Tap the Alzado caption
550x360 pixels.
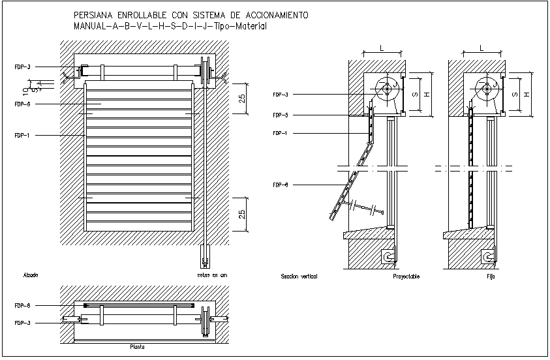[x=30, y=276]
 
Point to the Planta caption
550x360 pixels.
[x=138, y=348]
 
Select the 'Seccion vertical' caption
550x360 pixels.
[x=298, y=277]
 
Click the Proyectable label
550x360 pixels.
[x=406, y=277]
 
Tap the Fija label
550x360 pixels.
[x=491, y=277]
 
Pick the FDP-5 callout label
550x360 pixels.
[x=281, y=115]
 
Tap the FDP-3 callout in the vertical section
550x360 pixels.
[x=281, y=95]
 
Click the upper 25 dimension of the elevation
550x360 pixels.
[x=241, y=98]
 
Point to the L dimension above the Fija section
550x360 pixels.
[x=481, y=48]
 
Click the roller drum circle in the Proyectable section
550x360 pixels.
[x=388, y=90]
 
